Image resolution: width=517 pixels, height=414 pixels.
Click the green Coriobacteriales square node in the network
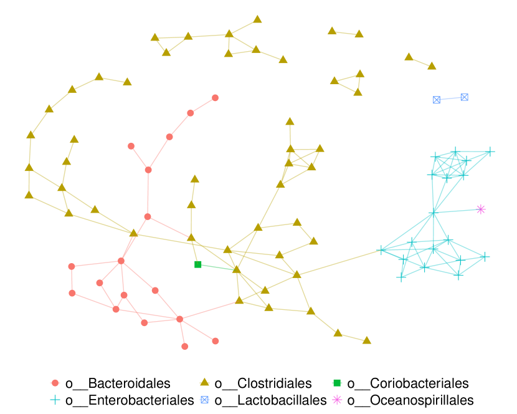click(x=198, y=264)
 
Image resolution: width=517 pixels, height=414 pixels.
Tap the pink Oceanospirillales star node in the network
click(x=480, y=209)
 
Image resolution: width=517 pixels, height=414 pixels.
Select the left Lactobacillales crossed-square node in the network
click(x=437, y=100)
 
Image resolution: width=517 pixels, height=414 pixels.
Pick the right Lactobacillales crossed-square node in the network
click(x=464, y=97)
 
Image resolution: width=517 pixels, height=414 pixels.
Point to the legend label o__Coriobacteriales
click(x=407, y=383)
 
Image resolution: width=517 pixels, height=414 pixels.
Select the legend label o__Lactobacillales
click(x=270, y=400)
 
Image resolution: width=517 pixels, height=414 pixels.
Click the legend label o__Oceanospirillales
click(x=410, y=400)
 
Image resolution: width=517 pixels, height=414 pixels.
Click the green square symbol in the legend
click(x=337, y=383)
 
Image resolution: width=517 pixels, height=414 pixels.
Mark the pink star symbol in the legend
click(x=337, y=400)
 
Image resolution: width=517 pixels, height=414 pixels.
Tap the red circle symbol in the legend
click(x=55, y=383)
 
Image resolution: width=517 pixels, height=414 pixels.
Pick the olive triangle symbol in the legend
click(x=203, y=382)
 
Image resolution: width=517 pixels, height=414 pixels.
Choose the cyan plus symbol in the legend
click(x=55, y=400)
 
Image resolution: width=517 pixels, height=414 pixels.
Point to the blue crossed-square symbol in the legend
click(x=203, y=400)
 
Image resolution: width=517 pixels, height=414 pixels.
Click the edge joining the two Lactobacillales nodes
click(x=450, y=99)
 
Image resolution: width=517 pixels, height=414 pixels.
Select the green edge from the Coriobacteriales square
click(x=217, y=267)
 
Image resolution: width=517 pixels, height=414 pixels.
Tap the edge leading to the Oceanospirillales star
click(x=458, y=211)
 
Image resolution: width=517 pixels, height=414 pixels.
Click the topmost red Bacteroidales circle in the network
click(x=216, y=98)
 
